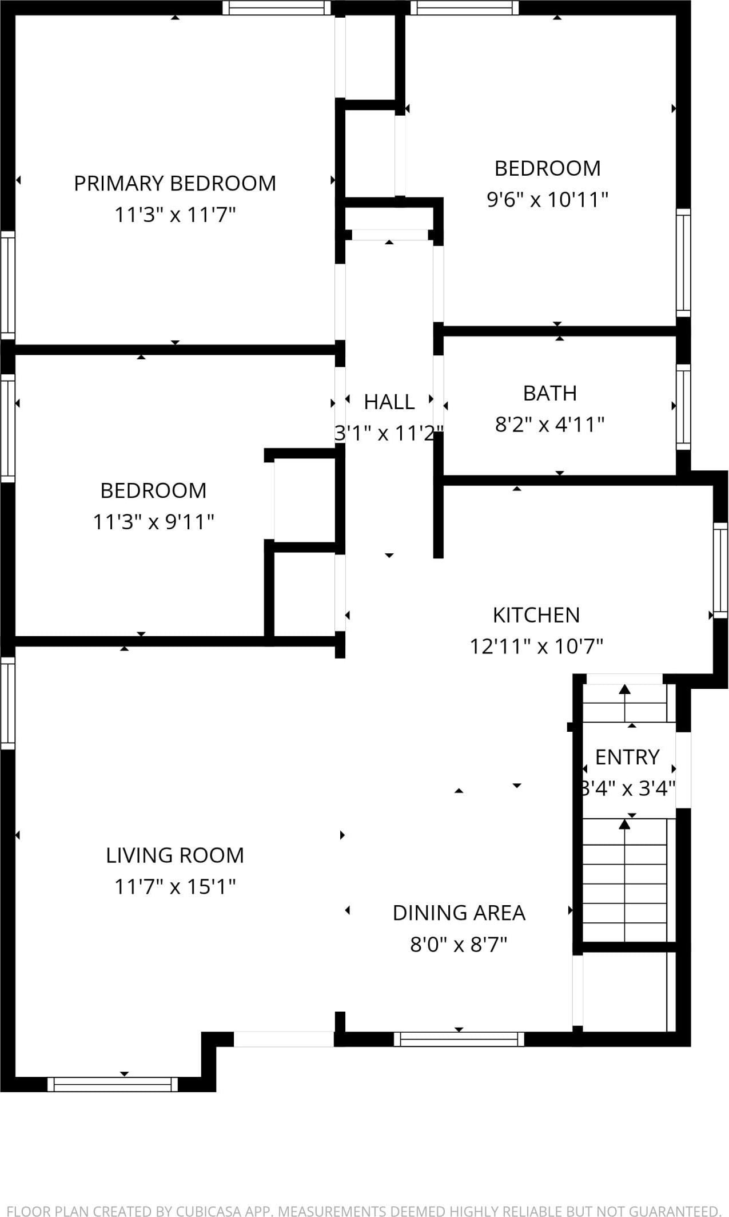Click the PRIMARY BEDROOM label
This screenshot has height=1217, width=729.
click(175, 183)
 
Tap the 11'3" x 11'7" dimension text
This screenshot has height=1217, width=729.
click(175, 215)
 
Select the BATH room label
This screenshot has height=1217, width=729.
click(550, 393)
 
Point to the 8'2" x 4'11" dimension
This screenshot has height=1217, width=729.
click(549, 425)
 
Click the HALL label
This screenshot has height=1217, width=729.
click(389, 402)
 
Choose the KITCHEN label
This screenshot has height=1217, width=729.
click(536, 615)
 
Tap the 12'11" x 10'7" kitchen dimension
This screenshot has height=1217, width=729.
click(536, 647)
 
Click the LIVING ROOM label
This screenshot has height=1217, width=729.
click(175, 855)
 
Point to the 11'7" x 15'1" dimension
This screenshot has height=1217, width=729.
click(175, 887)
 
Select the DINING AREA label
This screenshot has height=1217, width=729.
click(459, 913)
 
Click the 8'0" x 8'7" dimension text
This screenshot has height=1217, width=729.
click(459, 944)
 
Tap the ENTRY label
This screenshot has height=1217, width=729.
click(627, 757)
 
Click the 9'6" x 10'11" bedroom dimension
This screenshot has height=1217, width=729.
click(547, 200)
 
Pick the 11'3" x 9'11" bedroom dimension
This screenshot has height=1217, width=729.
click(153, 522)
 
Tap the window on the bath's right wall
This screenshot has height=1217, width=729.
click(683, 407)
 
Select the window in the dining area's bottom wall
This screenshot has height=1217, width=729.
click(459, 1039)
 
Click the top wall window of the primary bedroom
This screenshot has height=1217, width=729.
click(277, 7)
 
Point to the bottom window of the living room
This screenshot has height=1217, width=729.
click(113, 1084)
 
